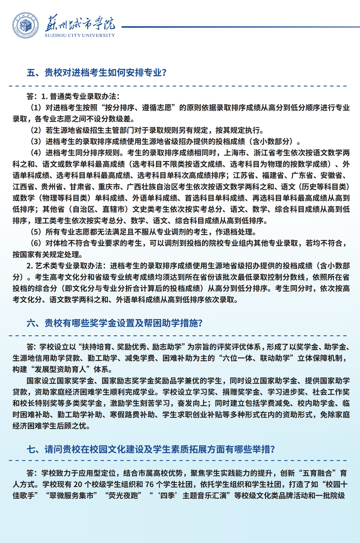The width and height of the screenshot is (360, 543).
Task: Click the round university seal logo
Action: pos(26,26)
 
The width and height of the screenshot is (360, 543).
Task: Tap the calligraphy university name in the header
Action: pos(80,23)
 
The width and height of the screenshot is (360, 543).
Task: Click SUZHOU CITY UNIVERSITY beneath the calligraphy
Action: pos(80,35)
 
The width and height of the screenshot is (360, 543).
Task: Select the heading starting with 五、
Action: pos(97,73)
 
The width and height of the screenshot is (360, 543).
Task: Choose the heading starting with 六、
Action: pos(115,323)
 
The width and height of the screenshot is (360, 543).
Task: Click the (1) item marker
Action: pos(36,108)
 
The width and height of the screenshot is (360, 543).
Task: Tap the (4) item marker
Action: pos(36,153)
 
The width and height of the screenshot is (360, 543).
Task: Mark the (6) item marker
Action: pos(36,243)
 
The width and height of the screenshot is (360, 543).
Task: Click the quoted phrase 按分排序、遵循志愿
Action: pos(140,108)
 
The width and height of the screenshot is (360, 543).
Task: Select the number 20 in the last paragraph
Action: pos(78,484)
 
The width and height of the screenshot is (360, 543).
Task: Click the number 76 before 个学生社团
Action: pos(150,484)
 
